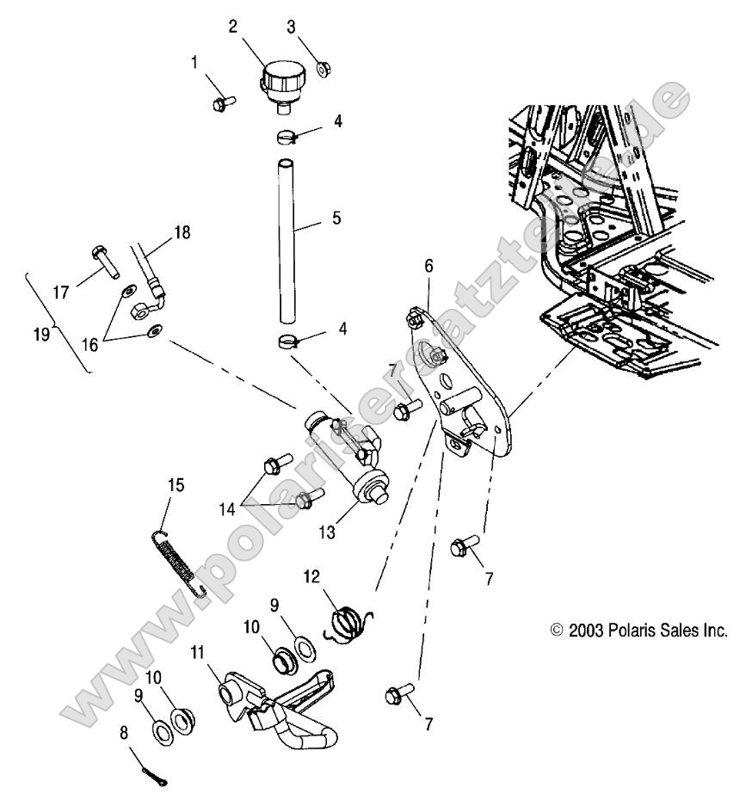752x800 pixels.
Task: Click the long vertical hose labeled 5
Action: point(286,232)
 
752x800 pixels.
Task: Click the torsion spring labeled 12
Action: point(348,620)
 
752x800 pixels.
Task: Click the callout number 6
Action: point(428,267)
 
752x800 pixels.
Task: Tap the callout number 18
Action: point(183,232)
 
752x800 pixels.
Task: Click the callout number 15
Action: point(176,486)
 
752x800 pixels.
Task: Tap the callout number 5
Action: point(337,218)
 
